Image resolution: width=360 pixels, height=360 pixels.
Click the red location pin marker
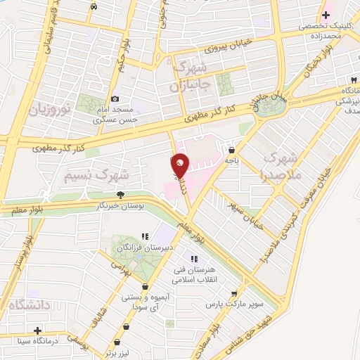coord(180,166)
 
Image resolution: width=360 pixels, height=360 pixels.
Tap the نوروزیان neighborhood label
coord(50,110)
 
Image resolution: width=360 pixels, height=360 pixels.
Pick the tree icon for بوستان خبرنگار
coord(121,195)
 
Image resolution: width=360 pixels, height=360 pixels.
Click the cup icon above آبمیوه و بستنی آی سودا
coord(145,287)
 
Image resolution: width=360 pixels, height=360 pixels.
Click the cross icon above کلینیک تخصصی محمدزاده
coord(326,14)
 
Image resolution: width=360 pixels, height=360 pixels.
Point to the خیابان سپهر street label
coord(245,206)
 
